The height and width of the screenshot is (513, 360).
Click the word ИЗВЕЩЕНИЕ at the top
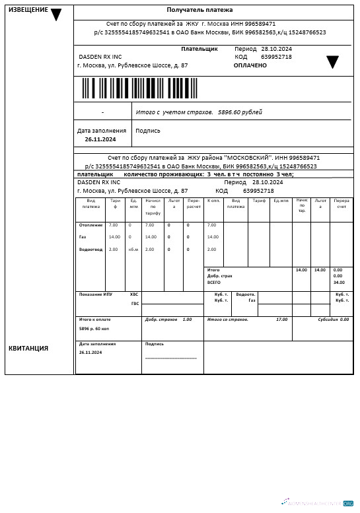pyautogui.click(x=28, y=10)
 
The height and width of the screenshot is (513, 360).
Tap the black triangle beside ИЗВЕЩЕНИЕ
pyautogui.click(x=56, y=15)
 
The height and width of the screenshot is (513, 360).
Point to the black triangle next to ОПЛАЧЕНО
pyautogui.click(x=332, y=62)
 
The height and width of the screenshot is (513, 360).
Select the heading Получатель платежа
pyautogui.click(x=212, y=11)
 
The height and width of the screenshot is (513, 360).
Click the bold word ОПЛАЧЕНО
pyautogui.click(x=250, y=65)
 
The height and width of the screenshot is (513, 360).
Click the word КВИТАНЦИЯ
pyautogui.click(x=28, y=348)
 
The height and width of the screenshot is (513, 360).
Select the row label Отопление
pyautogui.click(x=90, y=225)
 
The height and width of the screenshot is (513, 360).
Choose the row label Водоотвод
pyautogui.click(x=90, y=250)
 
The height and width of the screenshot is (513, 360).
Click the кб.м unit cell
pyautogui.click(x=133, y=250)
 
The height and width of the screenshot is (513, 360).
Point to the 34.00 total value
pyautogui.click(x=339, y=283)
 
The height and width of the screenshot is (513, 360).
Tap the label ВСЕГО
pyautogui.click(x=213, y=283)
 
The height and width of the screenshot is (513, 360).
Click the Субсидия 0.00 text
pyautogui.click(x=333, y=320)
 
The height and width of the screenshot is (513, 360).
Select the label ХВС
pyautogui.click(x=135, y=294)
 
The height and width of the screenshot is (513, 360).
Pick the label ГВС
pyautogui.click(x=135, y=304)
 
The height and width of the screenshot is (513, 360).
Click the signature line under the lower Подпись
pyautogui.click(x=170, y=358)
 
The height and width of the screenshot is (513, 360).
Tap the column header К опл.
pyautogui.click(x=213, y=201)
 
